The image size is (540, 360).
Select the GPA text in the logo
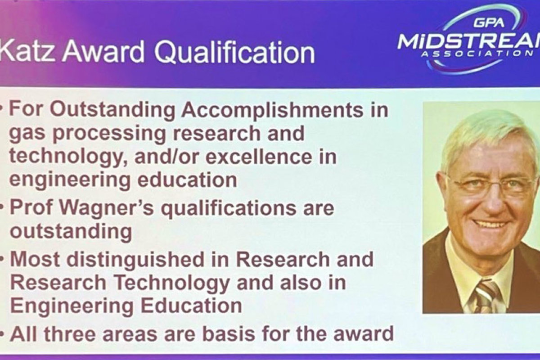489,22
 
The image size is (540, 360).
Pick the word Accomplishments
272,110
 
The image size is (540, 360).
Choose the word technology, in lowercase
69,157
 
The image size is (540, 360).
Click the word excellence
259,157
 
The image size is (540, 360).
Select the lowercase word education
187,180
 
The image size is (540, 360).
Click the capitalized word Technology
171,283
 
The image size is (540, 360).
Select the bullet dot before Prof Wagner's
2,207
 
